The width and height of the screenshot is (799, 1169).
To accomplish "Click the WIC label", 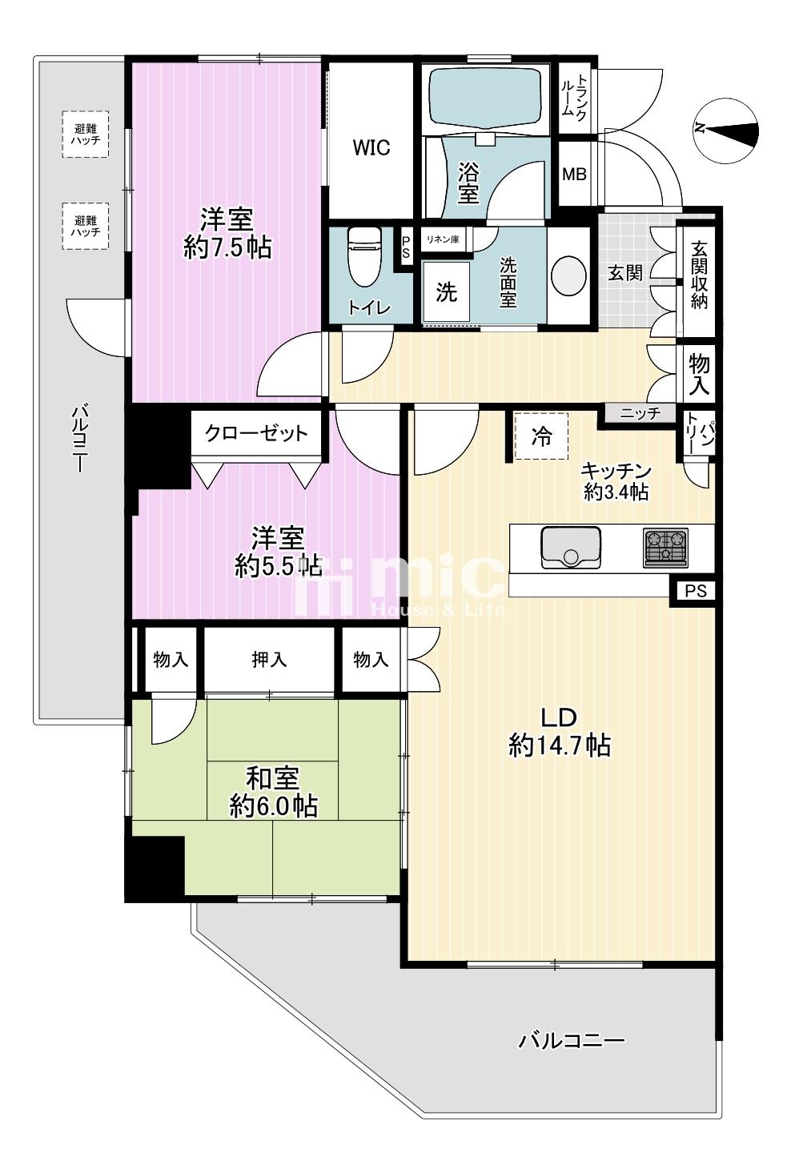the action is (x=371, y=147).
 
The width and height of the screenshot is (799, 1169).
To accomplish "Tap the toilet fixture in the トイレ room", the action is (x=363, y=257).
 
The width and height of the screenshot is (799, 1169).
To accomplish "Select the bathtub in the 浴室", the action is (x=485, y=99).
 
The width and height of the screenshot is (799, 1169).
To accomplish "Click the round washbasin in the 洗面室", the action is (x=569, y=275).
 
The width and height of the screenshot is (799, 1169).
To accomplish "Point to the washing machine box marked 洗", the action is (x=446, y=292).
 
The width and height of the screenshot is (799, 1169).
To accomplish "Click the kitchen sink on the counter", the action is (x=570, y=547).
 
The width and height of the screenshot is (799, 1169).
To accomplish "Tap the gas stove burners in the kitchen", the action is (x=666, y=548).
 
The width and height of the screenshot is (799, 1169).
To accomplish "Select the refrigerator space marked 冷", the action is (x=541, y=436).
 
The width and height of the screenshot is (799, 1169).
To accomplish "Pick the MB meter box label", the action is (x=574, y=175).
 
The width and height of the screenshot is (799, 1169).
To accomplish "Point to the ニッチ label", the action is (x=640, y=414).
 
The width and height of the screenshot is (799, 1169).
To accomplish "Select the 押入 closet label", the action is (x=269, y=661).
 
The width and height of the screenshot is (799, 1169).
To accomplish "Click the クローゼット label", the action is (x=256, y=433).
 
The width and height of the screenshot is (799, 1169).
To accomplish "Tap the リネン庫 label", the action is (x=443, y=239).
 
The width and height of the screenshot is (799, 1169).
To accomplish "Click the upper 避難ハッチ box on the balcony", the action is (x=86, y=135).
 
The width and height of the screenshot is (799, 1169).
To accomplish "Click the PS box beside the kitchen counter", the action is (x=696, y=591).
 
